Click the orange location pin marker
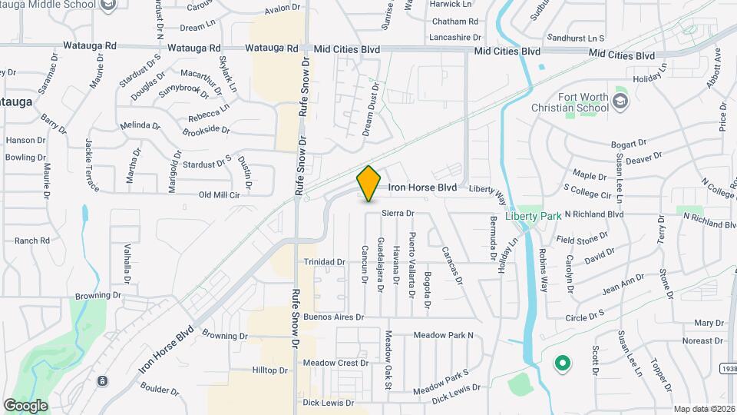369,183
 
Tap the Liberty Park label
534,216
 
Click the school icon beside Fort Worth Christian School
621,101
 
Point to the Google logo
25,406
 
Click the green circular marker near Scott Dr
562,363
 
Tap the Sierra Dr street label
398,213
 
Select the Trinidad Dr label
325,262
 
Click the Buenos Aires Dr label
333,317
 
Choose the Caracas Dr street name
452,265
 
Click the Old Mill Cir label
220,194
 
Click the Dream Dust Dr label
370,110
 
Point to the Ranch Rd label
31,241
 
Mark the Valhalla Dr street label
127,264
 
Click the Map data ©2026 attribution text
704,409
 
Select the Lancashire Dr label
455,37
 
